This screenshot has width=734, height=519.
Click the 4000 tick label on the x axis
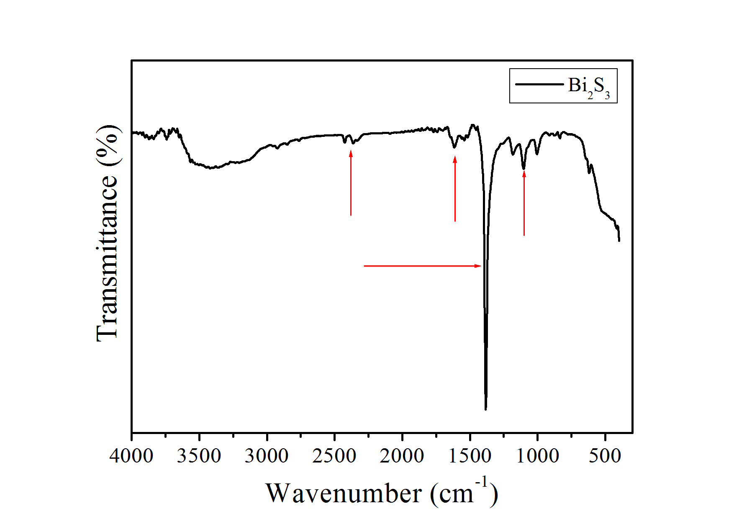131,456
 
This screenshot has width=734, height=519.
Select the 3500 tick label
199,456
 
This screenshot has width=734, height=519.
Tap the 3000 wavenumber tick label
267,456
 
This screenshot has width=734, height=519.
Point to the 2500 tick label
334,456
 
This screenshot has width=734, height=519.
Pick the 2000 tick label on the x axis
402,456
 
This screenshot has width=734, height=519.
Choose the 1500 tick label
470,456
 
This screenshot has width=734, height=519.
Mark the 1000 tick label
537,456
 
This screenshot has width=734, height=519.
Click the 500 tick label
605,456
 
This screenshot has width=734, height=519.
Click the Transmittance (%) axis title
107,233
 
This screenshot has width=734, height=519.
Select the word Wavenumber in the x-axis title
344,493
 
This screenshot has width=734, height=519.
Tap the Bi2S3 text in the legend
588,86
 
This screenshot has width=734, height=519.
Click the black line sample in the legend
539,85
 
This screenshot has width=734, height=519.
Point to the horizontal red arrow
422,266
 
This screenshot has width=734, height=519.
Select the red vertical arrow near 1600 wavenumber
455,188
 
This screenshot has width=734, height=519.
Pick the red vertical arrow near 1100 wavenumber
524,203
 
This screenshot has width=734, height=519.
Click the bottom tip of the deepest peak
485,409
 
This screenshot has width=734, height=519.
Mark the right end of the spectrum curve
619,240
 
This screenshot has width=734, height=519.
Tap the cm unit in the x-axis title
456,494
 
